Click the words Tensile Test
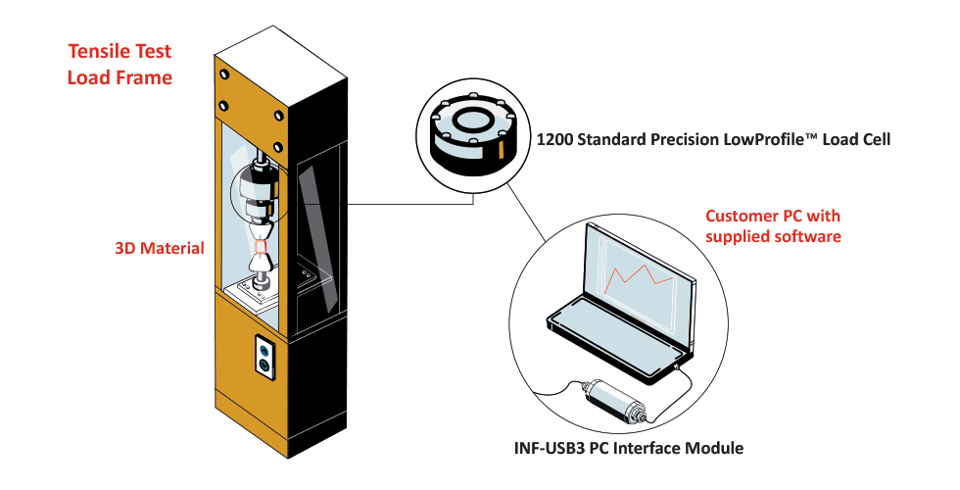[x=119, y=51]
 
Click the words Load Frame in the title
[x=119, y=76]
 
